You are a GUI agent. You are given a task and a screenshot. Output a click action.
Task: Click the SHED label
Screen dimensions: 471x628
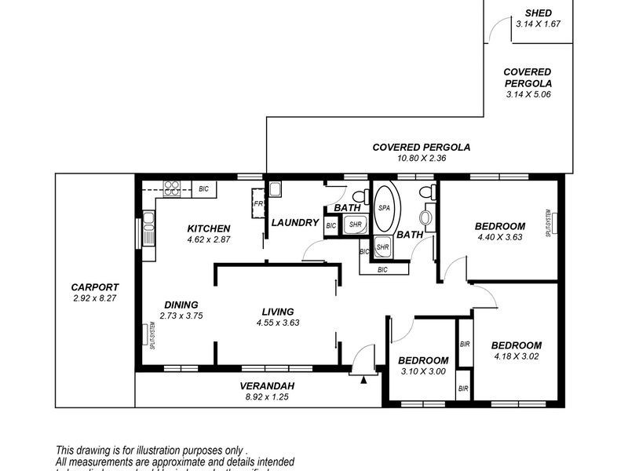539,13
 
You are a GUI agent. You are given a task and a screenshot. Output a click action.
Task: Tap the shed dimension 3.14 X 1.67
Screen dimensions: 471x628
539,24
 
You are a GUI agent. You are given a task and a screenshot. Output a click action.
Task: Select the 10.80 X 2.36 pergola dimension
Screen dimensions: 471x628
421,157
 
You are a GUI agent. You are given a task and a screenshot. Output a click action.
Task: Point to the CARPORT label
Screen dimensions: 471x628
94,287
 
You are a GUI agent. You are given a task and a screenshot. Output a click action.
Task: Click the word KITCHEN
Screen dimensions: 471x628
208,228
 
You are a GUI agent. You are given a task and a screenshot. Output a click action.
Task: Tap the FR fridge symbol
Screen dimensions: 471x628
257,206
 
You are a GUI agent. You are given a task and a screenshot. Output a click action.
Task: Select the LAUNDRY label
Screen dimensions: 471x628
294,223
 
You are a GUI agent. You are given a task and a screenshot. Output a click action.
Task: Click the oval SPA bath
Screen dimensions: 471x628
385,208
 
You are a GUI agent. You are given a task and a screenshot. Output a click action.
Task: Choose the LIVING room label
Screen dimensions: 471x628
278,311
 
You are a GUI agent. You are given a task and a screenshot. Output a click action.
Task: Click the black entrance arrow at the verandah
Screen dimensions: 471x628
363,380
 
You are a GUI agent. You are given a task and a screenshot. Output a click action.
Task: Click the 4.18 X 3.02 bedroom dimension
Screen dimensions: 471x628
516,356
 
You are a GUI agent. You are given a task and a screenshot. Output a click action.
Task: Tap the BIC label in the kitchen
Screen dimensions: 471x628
203,188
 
